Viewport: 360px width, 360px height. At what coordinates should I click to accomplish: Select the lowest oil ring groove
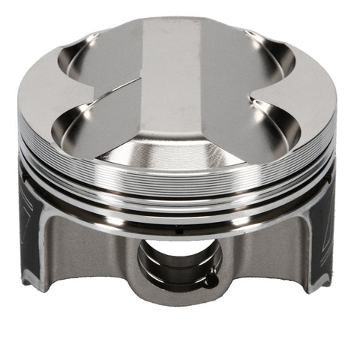180,217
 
